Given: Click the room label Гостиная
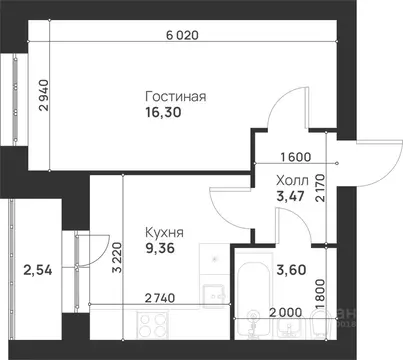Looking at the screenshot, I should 176,97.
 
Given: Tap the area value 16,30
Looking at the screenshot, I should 165,116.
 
